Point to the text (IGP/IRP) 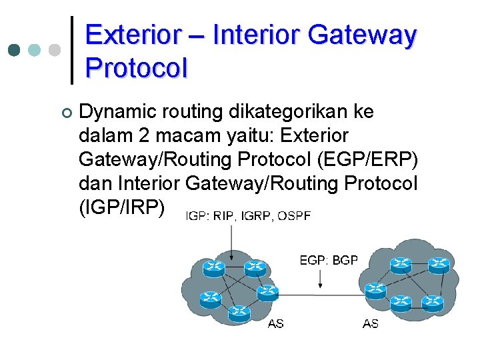pyautogui.click(x=121, y=207)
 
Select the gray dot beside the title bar pyautogui.click(x=55, y=50)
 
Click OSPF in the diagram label pyautogui.click(x=293, y=215)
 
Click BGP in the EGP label pyautogui.click(x=345, y=260)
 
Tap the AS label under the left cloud pyautogui.click(x=275, y=324)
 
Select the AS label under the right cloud pyautogui.click(x=371, y=324)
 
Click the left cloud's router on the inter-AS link pyautogui.click(x=267, y=291)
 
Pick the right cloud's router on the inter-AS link pyautogui.click(x=376, y=290)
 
